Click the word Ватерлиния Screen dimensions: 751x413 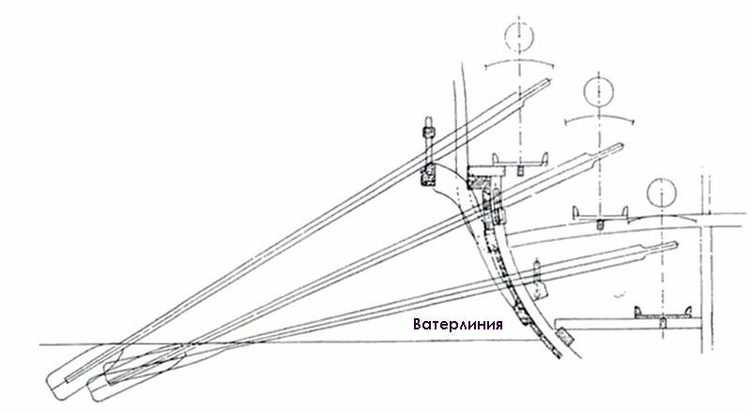click(x=457, y=325)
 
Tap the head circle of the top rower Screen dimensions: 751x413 click(x=519, y=36)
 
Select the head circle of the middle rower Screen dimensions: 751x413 click(x=598, y=91)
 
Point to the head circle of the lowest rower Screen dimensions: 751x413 click(x=662, y=192)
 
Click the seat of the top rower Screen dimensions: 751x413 click(x=520, y=161)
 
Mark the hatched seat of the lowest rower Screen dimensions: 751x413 click(x=663, y=314)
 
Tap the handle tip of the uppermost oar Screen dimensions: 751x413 click(x=548, y=82)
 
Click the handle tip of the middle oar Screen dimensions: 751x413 click(x=621, y=145)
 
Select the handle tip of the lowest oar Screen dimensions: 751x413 click(x=675, y=244)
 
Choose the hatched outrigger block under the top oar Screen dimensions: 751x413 click(x=428, y=175)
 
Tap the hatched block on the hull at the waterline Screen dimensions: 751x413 click(x=565, y=335)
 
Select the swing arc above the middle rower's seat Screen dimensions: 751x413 click(x=599, y=116)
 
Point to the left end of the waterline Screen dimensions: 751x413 click(x=39, y=344)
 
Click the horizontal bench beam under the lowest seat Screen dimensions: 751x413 click(x=628, y=325)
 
